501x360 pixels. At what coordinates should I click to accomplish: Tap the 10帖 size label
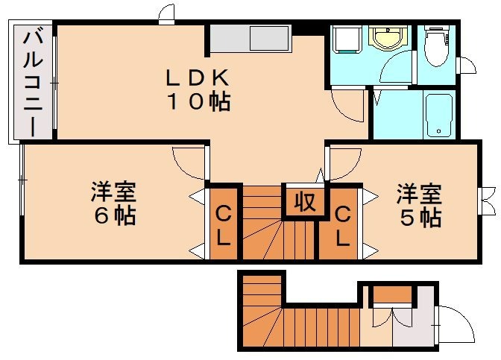pyautogui.click(x=197, y=101)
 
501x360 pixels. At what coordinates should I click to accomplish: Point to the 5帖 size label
pyautogui.click(x=419, y=217)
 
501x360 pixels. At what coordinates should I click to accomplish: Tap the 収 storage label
pyautogui.click(x=304, y=201)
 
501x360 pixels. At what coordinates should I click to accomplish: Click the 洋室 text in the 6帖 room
pyautogui.click(x=113, y=192)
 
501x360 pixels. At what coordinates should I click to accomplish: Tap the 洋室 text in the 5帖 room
pyautogui.click(x=419, y=193)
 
